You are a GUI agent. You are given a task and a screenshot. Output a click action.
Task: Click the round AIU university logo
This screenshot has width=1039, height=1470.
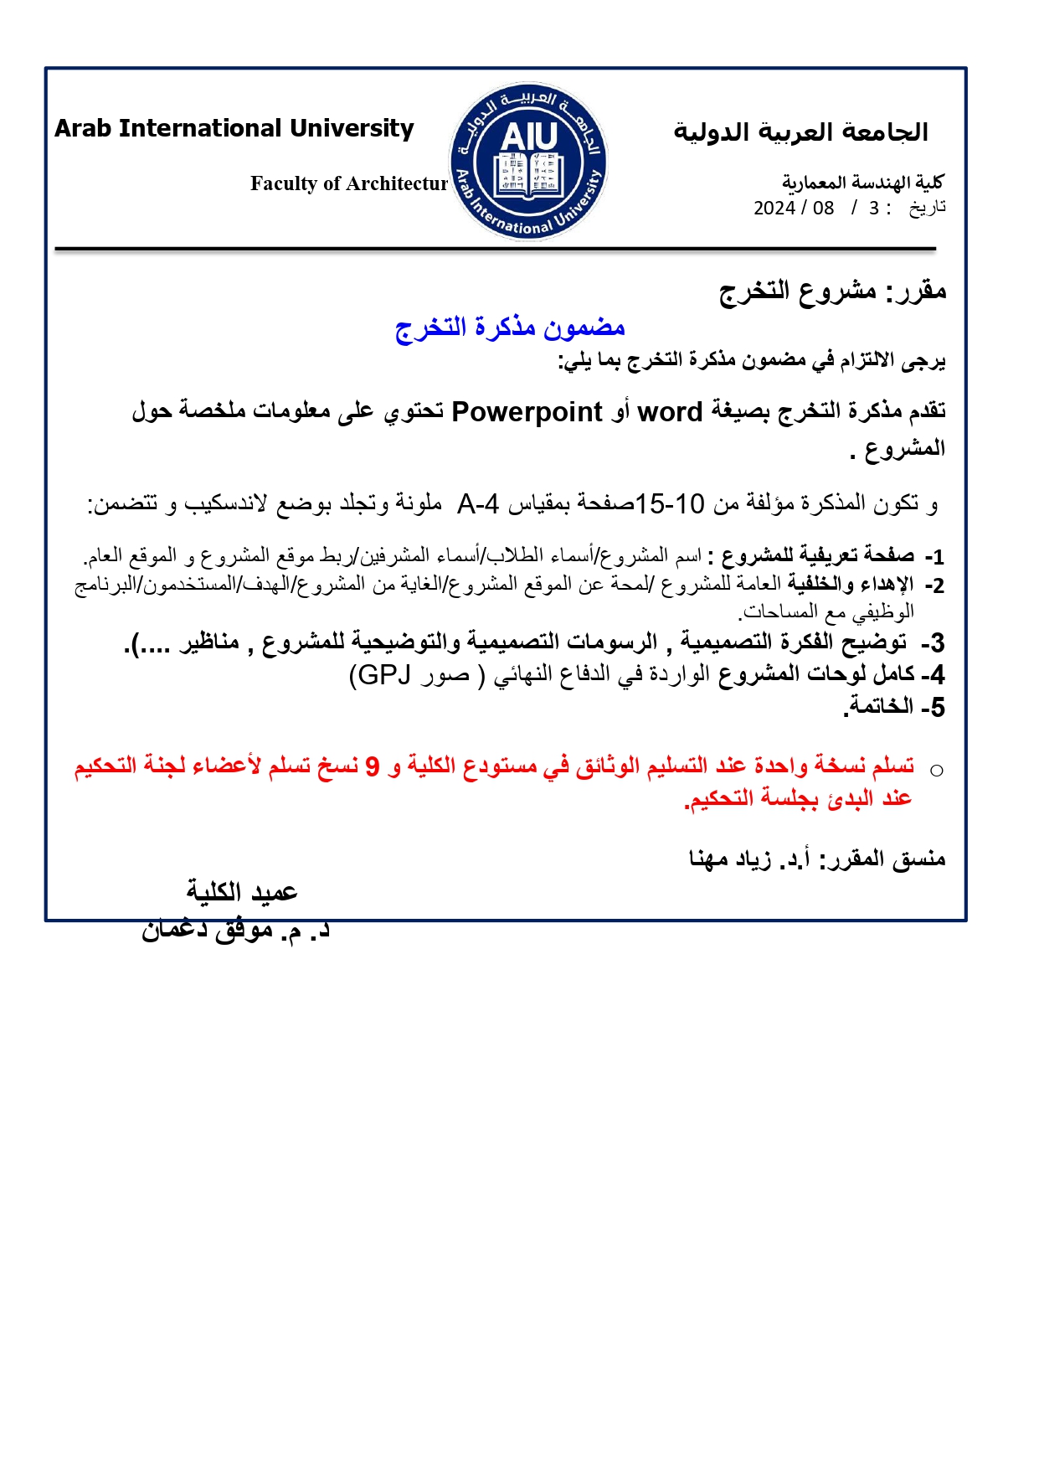[528, 162]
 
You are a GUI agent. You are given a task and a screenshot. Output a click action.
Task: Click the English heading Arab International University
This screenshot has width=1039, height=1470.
[234, 128]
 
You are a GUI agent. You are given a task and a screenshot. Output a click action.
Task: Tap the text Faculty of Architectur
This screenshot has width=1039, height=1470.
[349, 183]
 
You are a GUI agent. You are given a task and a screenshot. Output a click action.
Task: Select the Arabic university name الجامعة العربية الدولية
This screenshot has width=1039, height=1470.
[801, 132]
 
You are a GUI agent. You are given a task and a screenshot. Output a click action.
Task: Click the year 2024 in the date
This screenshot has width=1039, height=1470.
[774, 208]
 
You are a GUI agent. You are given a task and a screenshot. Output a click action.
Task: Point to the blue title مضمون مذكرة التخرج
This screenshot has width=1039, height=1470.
[510, 327]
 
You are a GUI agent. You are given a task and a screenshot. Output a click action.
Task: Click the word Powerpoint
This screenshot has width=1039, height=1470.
[527, 412]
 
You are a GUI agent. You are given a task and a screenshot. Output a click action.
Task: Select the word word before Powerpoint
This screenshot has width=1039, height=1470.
[670, 412]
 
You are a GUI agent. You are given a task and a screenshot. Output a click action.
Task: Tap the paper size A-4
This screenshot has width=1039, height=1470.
[478, 504]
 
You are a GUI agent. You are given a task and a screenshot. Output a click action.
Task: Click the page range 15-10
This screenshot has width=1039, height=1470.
[670, 504]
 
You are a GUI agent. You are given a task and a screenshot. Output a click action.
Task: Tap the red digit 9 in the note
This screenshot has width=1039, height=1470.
[373, 766]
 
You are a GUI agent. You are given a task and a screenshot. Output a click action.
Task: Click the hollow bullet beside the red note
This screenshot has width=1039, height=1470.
[937, 771]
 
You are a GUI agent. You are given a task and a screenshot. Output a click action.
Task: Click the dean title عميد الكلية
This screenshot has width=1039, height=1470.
[242, 892]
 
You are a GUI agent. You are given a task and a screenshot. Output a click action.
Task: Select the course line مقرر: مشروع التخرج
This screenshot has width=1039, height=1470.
[832, 291]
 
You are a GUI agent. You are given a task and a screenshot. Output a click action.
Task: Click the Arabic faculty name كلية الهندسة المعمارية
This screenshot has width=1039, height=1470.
[863, 182]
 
